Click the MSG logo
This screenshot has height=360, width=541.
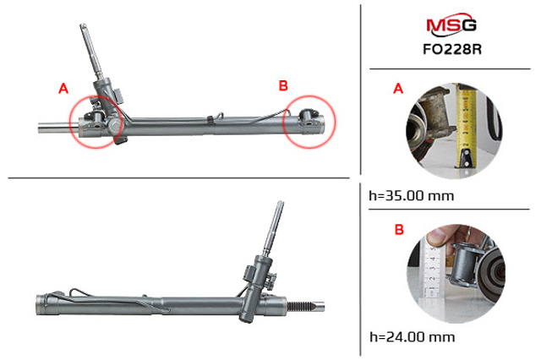pyautogui.click(x=451, y=25)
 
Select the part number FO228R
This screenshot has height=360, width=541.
pyautogui.click(x=452, y=49)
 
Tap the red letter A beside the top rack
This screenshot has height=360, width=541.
pyautogui.click(x=63, y=89)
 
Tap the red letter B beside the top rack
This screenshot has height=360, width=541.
pyautogui.click(x=283, y=85)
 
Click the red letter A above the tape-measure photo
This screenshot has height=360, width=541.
pyautogui.click(x=398, y=89)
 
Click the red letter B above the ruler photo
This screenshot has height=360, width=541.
pyautogui.click(x=399, y=230)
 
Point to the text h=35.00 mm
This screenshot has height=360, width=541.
pyautogui.click(x=412, y=196)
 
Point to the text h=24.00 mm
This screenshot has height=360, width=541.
pyautogui.click(x=412, y=336)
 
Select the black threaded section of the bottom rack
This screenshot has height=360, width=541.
pyautogui.click(x=299, y=306)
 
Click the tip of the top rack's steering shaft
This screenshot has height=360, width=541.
pyautogui.click(x=83, y=25)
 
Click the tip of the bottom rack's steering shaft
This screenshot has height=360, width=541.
pyautogui.click(x=281, y=203)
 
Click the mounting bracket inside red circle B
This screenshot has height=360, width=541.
pyautogui.click(x=309, y=117)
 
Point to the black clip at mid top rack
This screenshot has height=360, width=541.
pyautogui.click(x=210, y=120)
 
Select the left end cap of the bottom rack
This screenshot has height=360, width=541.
pyautogui.click(x=41, y=305)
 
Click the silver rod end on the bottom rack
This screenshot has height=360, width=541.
pyautogui.click(x=319, y=306)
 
